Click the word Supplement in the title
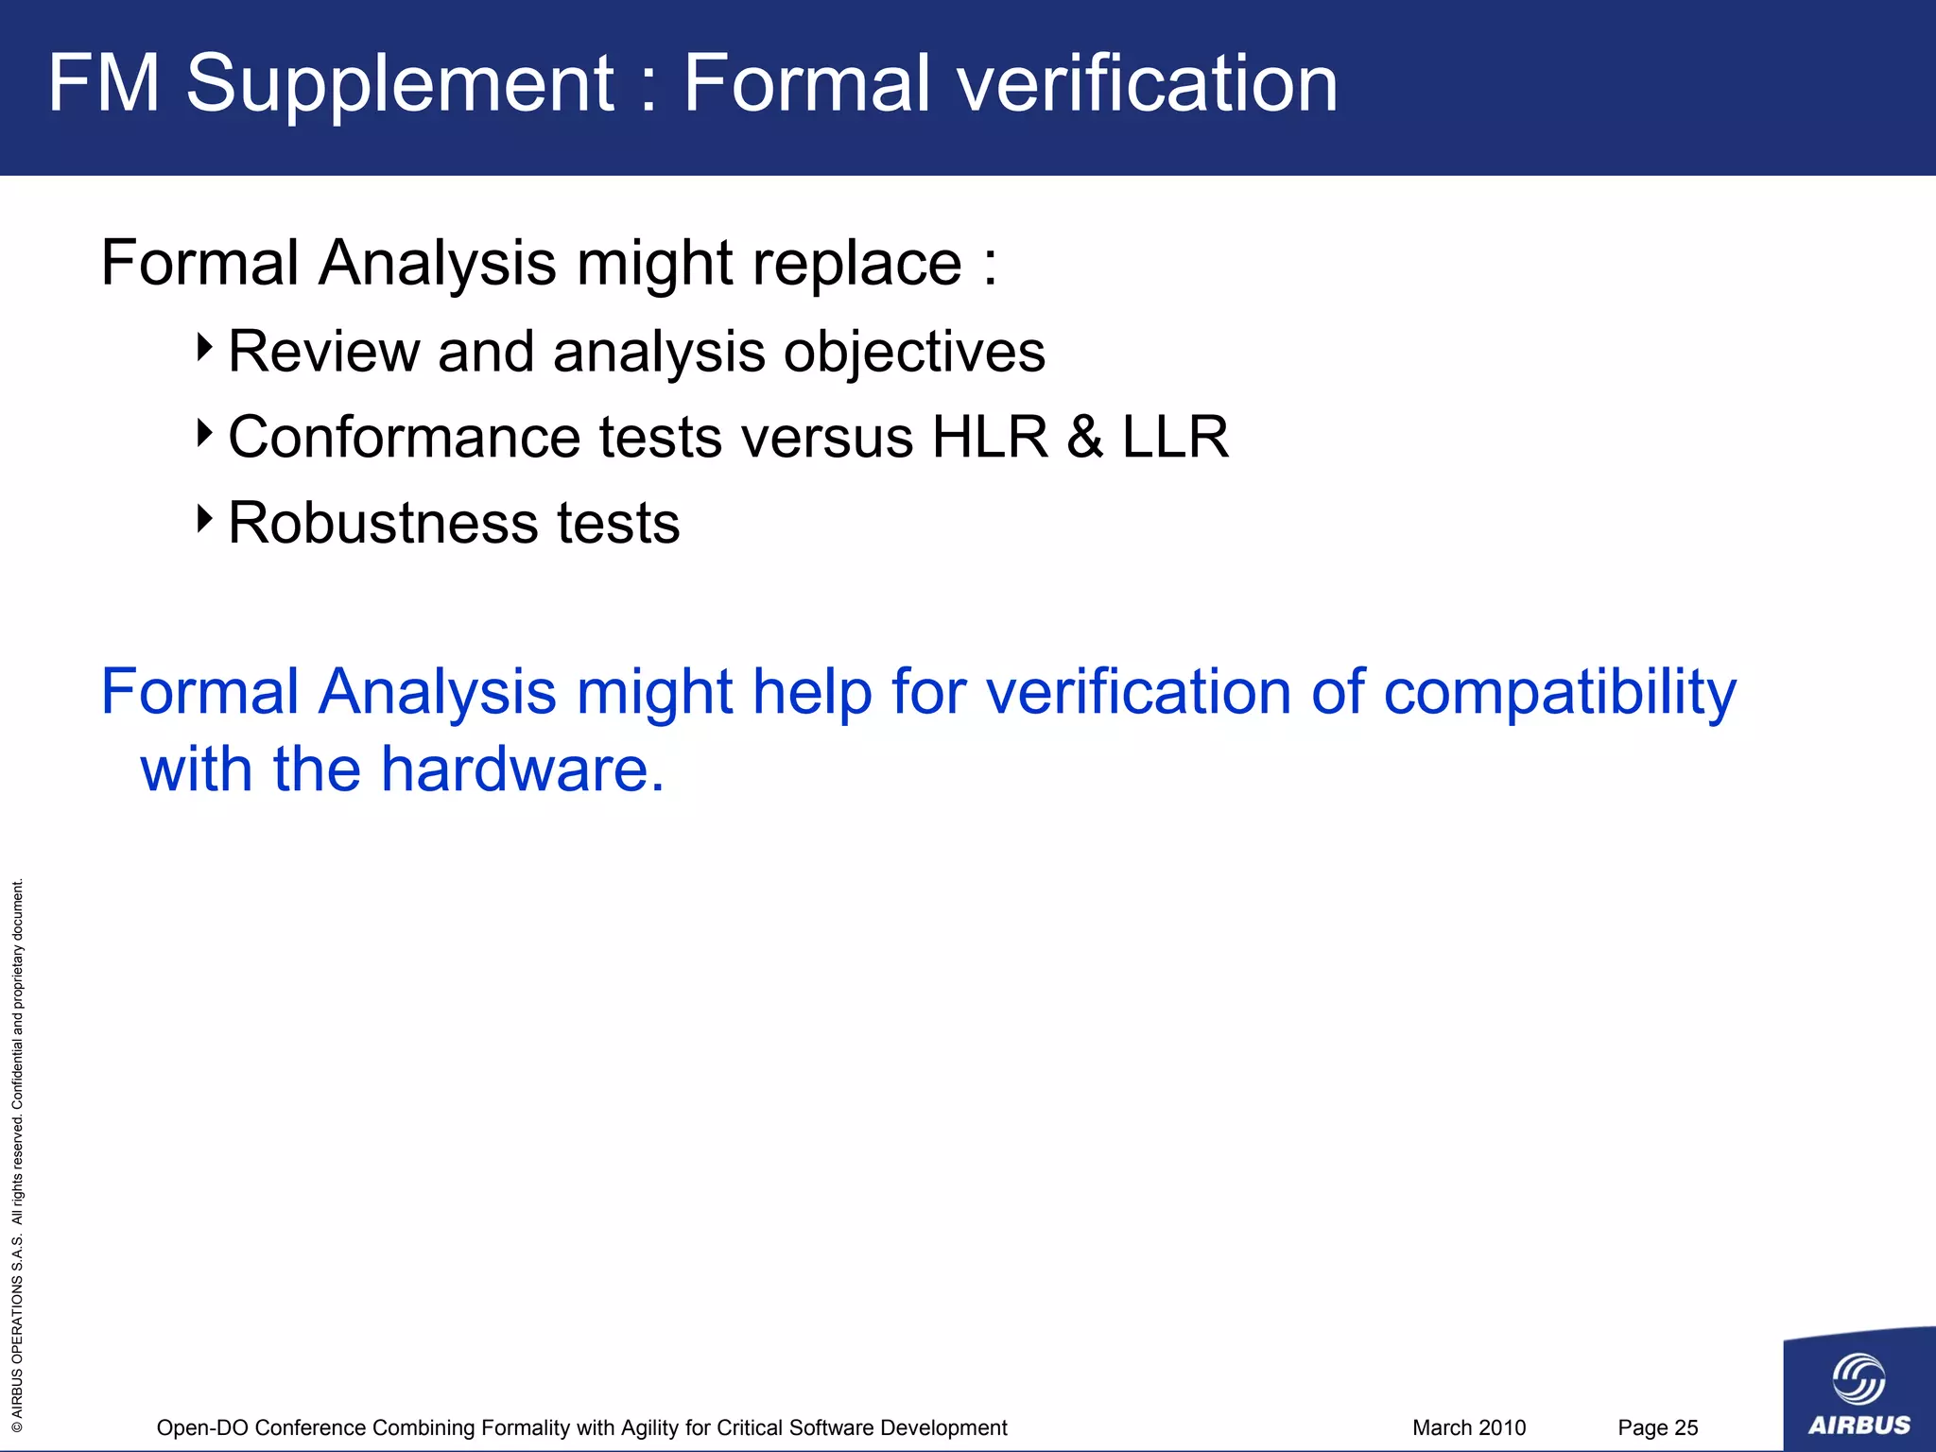pos(401,85)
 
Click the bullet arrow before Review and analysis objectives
pos(204,347)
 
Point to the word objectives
pos(914,353)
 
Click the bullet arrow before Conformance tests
pos(204,433)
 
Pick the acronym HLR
pos(990,437)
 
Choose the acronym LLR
pos(1175,437)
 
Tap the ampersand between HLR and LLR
pos(1085,437)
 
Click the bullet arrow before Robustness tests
pos(204,518)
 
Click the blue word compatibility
pos(1560,693)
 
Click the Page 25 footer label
pos(1657,1427)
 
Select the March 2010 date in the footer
pos(1469,1427)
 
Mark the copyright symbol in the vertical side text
pos(17,1426)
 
